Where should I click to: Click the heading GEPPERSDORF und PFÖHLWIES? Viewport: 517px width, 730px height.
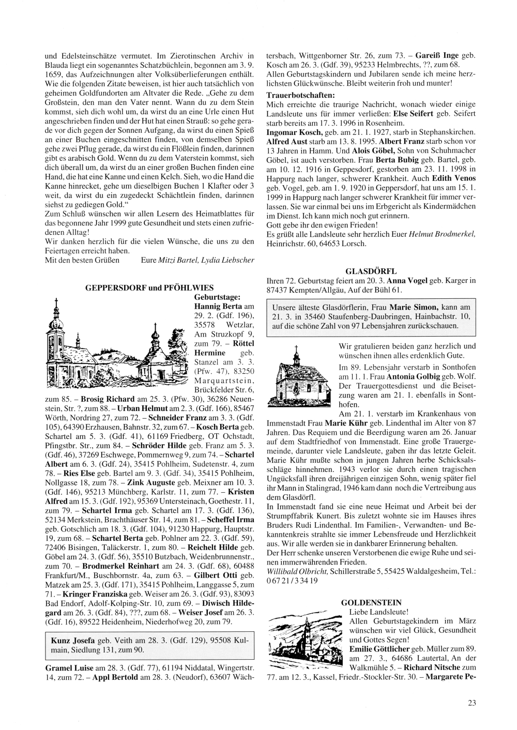149,287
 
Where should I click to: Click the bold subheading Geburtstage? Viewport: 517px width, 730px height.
217,297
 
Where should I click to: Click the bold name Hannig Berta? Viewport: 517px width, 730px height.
214,307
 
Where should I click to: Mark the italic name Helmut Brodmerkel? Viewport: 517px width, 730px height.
442,234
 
